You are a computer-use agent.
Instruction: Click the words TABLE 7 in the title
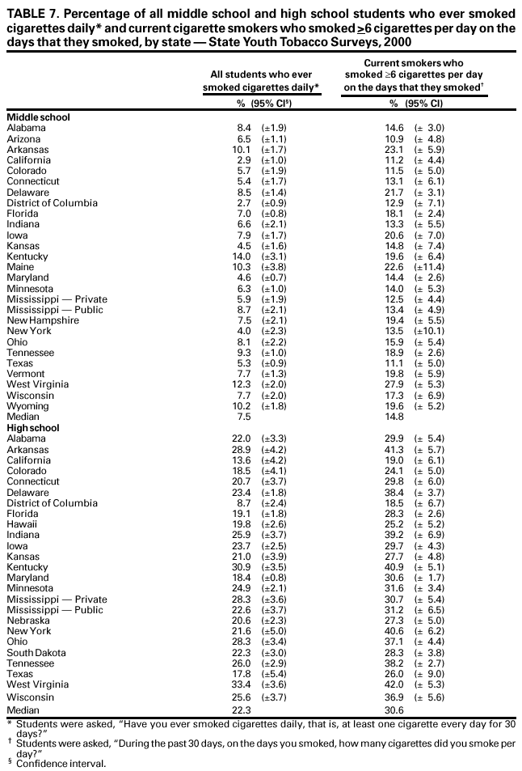(32, 10)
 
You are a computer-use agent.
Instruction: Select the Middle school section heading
(38, 117)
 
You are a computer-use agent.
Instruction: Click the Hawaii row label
(21, 523)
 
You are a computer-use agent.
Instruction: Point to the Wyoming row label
(27, 406)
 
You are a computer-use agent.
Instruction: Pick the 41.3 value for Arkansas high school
(397, 449)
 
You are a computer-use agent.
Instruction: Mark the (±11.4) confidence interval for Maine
(429, 267)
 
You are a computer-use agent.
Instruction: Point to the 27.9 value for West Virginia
(397, 384)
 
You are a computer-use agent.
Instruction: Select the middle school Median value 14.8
(397, 417)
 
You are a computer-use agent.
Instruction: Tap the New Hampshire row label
(42, 320)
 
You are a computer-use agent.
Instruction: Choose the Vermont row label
(24, 374)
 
